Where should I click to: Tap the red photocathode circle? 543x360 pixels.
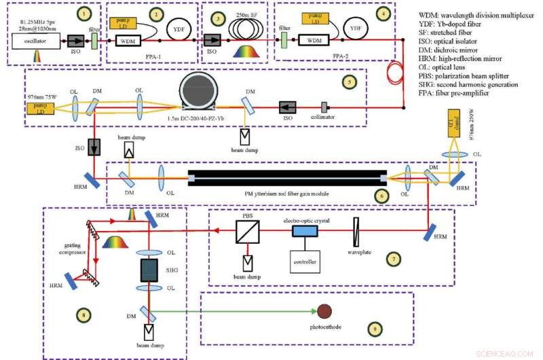coord(324,311)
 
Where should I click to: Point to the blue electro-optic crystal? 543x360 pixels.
coord(305,232)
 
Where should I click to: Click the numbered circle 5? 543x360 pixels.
coord(349,82)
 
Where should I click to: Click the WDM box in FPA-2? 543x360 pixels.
coord(313,41)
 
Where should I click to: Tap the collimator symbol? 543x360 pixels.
coord(324,107)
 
